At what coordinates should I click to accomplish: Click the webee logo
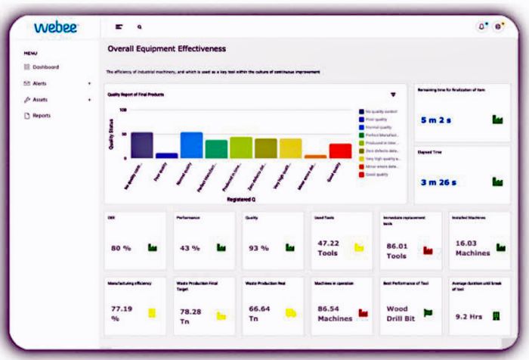point(57,27)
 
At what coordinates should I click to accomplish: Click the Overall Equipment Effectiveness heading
point(166,49)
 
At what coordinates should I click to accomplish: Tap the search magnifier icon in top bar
point(139,26)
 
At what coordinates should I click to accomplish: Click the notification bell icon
point(482,26)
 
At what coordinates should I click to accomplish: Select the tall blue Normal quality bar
point(191,144)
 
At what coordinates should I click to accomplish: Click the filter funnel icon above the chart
point(393,95)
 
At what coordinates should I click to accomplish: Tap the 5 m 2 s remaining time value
point(436,119)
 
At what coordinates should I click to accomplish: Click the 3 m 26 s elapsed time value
point(438,182)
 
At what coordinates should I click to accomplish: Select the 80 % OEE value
point(121,247)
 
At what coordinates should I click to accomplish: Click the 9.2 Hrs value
point(469,316)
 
